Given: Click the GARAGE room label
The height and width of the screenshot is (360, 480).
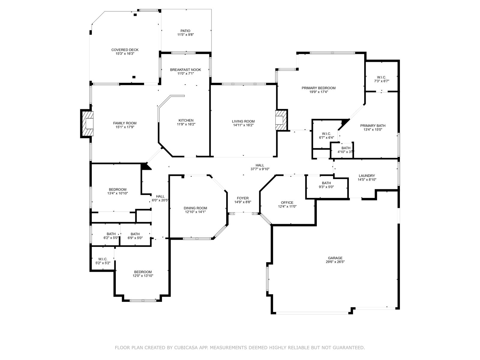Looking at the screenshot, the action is click(x=335, y=258).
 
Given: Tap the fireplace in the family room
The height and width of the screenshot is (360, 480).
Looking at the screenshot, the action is click(x=88, y=124).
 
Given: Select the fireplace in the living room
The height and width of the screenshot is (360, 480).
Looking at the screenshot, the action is click(x=281, y=120).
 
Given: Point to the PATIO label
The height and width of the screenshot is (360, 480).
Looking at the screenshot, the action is click(x=185, y=31).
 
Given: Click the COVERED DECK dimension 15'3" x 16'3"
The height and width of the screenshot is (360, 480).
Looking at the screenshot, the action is click(x=125, y=54).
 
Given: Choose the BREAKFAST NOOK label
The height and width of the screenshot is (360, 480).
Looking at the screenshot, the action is click(x=185, y=70).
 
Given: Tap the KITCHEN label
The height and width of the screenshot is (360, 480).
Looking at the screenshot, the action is click(x=186, y=120).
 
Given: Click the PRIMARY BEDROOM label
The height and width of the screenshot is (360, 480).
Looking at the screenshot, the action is click(x=319, y=88).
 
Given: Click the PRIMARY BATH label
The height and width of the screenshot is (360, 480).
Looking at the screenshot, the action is click(x=373, y=126).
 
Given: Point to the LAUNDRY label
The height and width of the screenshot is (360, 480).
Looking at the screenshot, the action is click(x=367, y=176).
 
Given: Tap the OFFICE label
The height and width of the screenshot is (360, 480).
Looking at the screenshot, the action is click(x=287, y=202).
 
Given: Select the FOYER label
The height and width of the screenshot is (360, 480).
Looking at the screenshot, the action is click(x=243, y=198).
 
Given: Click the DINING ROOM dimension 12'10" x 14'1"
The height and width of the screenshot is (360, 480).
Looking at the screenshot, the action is click(x=195, y=212).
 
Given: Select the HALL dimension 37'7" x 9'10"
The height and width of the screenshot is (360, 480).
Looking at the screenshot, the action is click(x=260, y=169).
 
